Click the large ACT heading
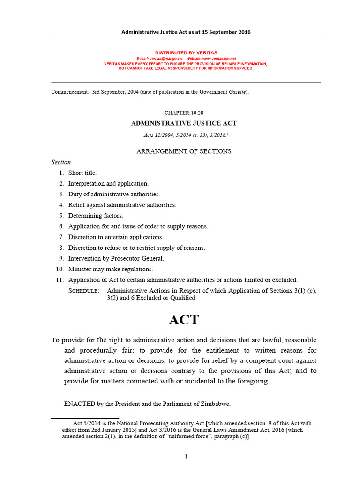tap(184, 320)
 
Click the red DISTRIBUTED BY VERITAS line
tap(186, 53)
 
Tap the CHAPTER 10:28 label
tap(183, 113)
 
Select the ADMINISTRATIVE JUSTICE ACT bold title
tap(183, 123)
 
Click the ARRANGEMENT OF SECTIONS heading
tap(183, 151)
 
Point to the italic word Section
tap(61, 162)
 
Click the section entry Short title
tap(82, 173)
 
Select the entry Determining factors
tap(96, 216)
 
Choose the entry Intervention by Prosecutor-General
tap(116, 258)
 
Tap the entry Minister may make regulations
tap(111, 269)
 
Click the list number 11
tap(60, 280)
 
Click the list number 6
tap(61, 226)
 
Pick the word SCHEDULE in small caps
tap(84, 291)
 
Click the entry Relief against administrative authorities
tap(122, 205)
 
